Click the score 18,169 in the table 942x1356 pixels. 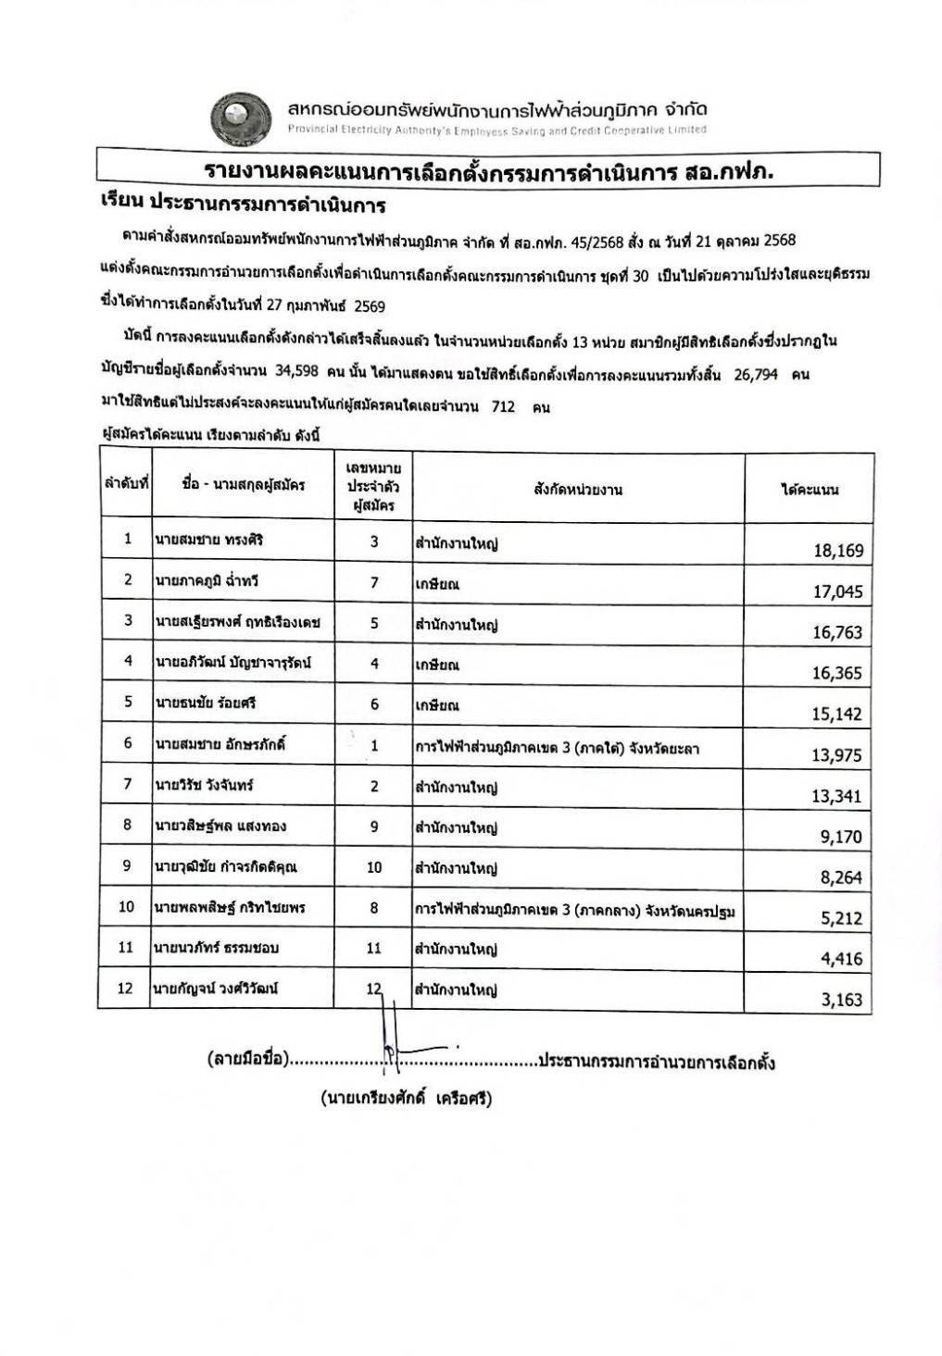tap(837, 551)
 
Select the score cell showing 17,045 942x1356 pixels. tap(837, 591)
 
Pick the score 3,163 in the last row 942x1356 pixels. tap(841, 1000)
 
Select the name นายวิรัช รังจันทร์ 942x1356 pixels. tap(204, 785)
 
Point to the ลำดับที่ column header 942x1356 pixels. tap(126, 484)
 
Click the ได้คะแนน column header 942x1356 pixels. tap(809, 490)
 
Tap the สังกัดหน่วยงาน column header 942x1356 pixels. tap(578, 490)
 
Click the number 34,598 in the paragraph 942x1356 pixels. tap(296, 371)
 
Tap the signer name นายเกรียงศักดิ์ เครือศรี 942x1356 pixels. tap(406, 1099)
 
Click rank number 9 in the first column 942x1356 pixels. tap(127, 867)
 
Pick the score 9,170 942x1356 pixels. tap(840, 837)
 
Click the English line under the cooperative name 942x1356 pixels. tap(496, 131)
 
